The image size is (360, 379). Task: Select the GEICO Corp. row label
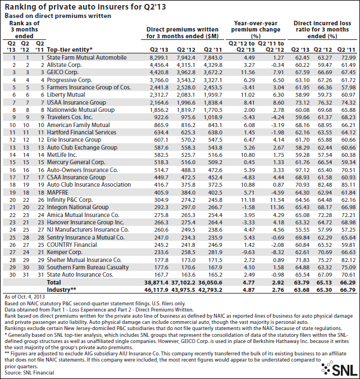(x=65, y=73)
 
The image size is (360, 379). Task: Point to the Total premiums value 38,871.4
(x=156, y=280)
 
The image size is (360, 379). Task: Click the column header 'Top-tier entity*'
(x=70, y=50)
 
